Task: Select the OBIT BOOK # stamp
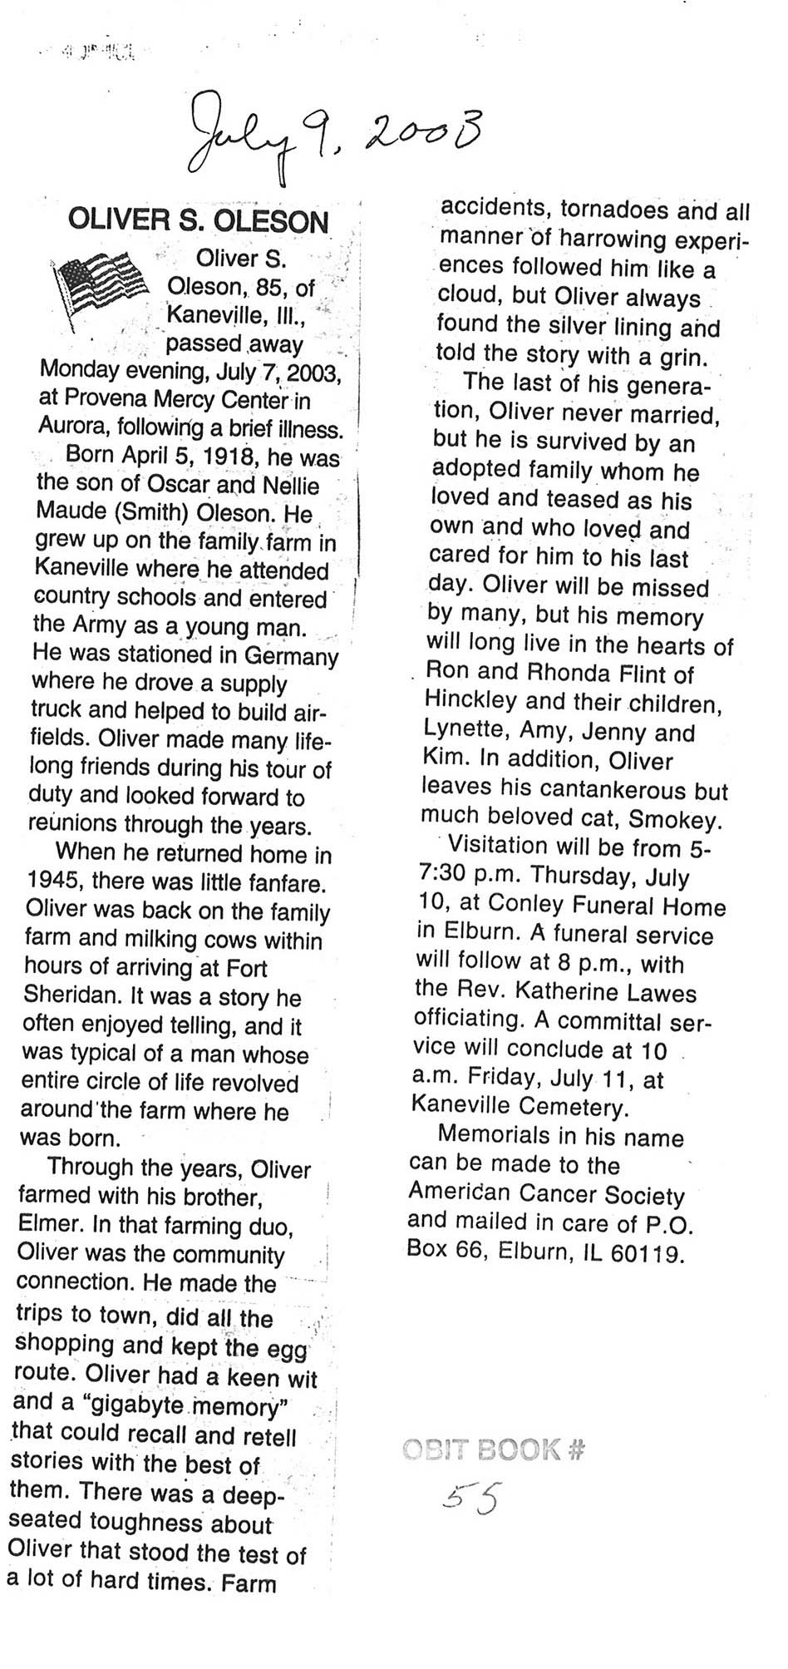coord(494,1449)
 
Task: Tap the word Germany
coord(291,655)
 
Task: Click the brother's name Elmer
coord(49,1226)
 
